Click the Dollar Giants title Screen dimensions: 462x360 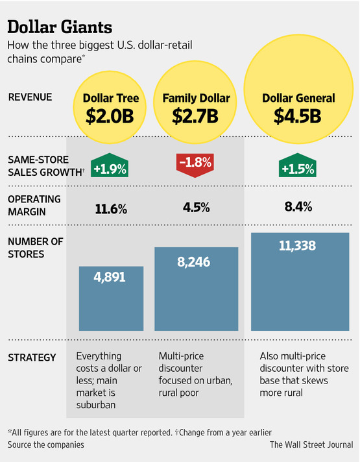point(60,27)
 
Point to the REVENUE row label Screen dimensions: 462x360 point(30,98)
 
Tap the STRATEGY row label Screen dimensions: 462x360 point(32,358)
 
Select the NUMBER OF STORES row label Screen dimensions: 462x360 point(35,247)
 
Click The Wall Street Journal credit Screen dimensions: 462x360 point(311,445)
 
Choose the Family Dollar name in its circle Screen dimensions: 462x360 point(196,99)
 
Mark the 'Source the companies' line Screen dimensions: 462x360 point(45,445)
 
